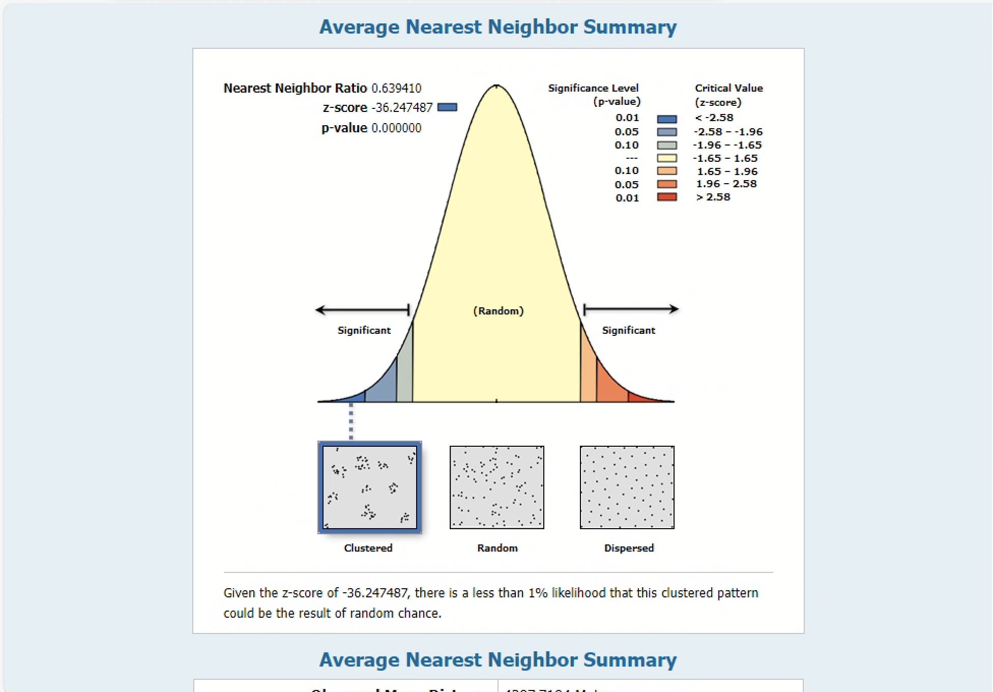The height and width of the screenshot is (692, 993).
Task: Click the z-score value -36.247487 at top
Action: [402, 108]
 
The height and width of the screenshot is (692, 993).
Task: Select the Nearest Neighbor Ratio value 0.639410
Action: [396, 89]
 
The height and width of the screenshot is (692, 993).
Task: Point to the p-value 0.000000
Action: [396, 128]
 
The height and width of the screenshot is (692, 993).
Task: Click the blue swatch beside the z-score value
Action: [447, 107]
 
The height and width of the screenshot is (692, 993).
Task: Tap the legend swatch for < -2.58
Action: [666, 119]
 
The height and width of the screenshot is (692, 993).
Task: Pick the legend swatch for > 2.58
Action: [666, 197]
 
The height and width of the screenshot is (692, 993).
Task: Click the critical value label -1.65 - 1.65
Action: [725, 158]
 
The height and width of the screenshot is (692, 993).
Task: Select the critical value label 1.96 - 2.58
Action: [726, 184]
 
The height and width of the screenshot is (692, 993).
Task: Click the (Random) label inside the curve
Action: [498, 311]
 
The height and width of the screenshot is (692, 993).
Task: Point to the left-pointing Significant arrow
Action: [362, 309]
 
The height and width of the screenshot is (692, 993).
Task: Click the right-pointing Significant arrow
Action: [631, 309]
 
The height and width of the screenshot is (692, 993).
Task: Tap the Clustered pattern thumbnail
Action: [369, 487]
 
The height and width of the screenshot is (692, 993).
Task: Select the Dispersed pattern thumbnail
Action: [627, 487]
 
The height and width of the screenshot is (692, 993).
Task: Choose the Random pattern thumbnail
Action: [496, 487]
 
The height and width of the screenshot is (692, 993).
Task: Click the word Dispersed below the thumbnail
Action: [629, 548]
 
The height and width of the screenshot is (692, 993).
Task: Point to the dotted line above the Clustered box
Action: [351, 421]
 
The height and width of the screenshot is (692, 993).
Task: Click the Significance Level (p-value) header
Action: [594, 95]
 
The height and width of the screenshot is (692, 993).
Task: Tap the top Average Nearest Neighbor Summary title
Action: [498, 27]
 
